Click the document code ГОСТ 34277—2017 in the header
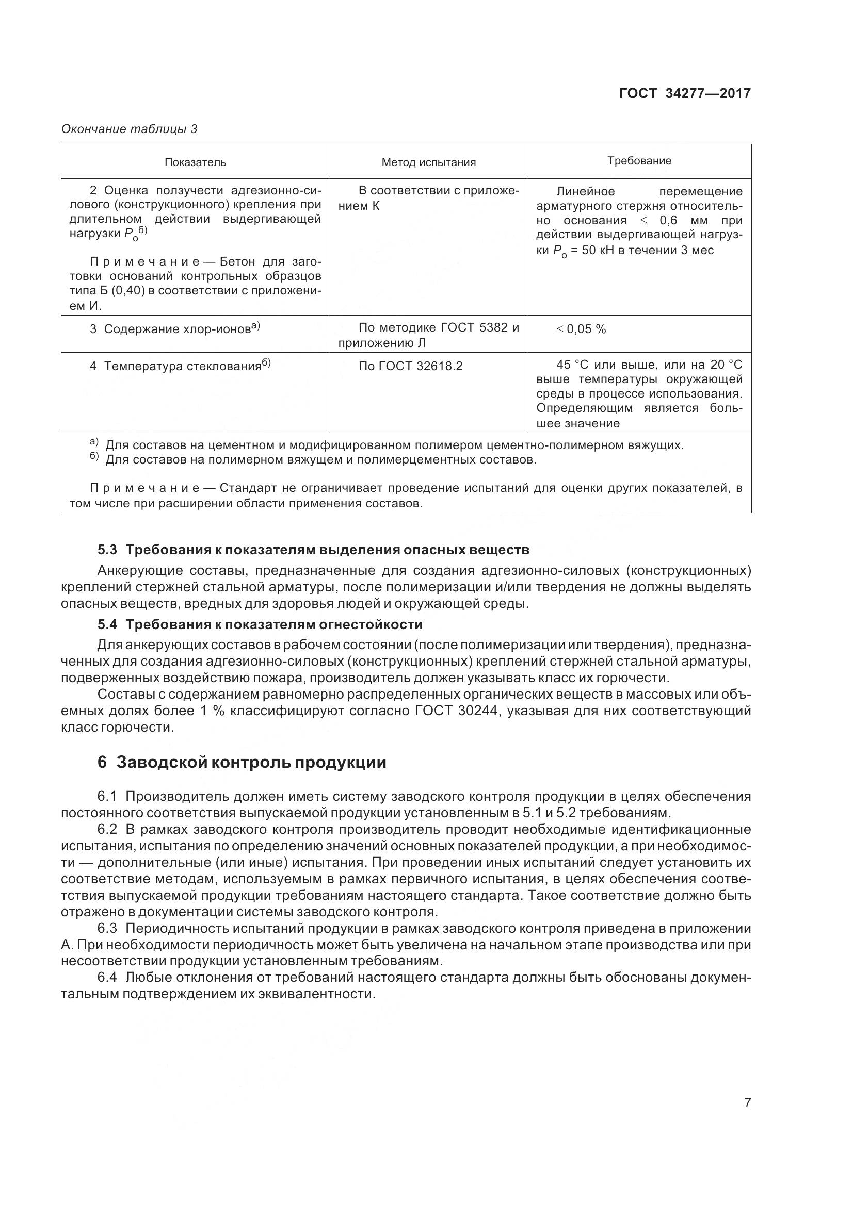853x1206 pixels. coord(684,93)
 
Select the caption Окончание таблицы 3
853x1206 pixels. coord(130,129)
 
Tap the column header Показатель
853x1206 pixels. coord(195,162)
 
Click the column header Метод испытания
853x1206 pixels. coord(428,162)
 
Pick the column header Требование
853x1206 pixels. coord(639,161)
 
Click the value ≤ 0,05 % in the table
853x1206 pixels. coord(581,329)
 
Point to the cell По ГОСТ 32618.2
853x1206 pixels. coord(410,366)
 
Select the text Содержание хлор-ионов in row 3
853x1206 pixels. coord(177,329)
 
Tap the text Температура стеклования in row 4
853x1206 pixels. coord(182,366)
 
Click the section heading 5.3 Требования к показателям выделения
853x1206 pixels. coord(313,550)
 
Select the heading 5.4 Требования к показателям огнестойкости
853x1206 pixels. coord(260,624)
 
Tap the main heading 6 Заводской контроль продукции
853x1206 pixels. coord(242,762)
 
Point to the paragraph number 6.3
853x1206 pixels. coord(107,928)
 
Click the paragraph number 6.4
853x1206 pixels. coord(107,978)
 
